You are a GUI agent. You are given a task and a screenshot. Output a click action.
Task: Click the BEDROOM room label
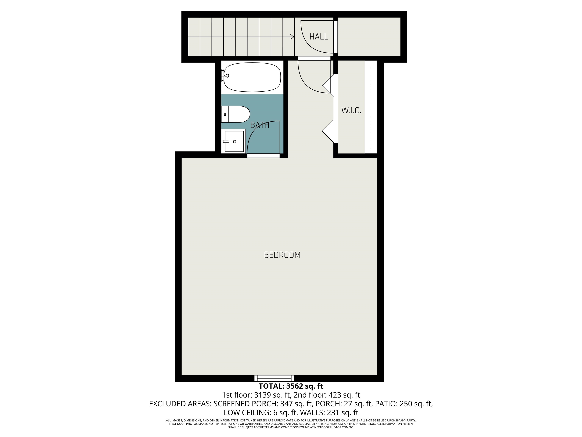(282, 255)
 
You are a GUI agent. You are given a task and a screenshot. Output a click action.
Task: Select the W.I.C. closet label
(351, 110)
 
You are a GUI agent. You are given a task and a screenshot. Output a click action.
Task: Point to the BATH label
(260, 125)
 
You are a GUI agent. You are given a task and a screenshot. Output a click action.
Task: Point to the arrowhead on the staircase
(292, 37)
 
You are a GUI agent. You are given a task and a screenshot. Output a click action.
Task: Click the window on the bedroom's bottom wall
(274, 378)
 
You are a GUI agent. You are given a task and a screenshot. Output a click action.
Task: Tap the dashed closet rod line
(371, 107)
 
